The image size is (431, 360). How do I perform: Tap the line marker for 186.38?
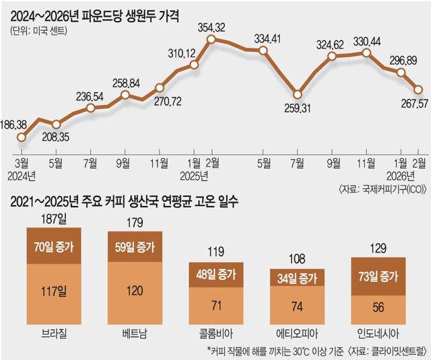point(22,137)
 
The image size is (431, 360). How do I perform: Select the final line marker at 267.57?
point(418,89)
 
